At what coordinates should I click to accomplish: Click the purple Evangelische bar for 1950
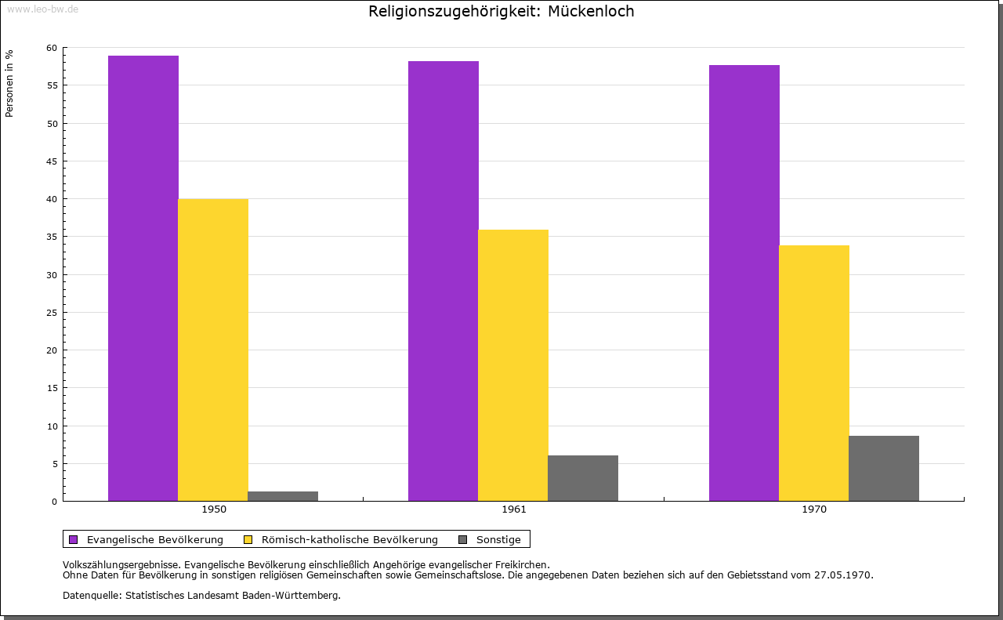coord(143,278)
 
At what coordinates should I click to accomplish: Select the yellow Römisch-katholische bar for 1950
coord(213,350)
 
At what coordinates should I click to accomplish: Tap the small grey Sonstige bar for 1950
coord(283,496)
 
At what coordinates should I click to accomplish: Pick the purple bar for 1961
coord(444,281)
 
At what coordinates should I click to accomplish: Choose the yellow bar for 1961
coord(513,365)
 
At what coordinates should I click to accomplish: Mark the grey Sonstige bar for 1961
coord(583,478)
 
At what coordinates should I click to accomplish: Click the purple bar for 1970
coord(744,283)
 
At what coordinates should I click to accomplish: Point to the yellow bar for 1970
coord(814,373)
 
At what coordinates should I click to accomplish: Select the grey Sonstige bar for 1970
coord(884,468)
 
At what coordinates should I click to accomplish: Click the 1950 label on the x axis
coord(214,509)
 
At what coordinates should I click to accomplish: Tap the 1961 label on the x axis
coord(514,509)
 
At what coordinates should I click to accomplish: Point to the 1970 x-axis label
coord(814,509)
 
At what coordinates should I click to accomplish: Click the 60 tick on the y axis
coord(52,48)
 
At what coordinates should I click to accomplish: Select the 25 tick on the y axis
coord(52,313)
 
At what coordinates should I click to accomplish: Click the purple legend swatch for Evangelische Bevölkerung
coord(74,539)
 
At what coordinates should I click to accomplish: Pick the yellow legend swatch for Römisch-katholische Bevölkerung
coord(248,539)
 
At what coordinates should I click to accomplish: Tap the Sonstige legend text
coord(498,539)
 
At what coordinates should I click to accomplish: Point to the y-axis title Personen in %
coord(9,83)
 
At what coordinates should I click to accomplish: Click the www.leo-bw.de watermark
coord(42,9)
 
